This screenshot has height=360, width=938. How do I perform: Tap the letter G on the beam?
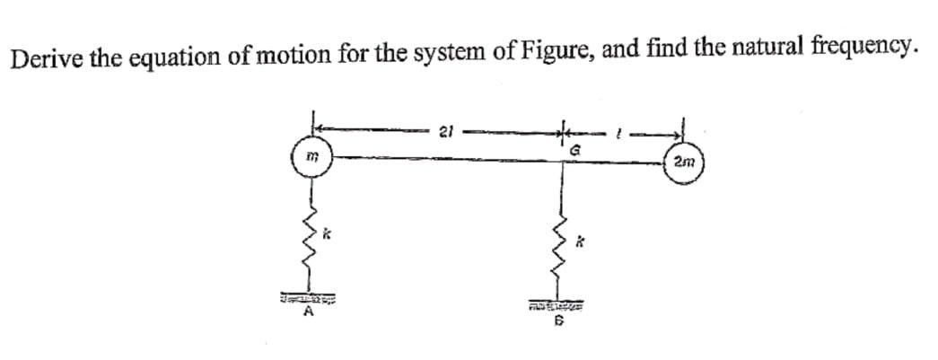point(568,144)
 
